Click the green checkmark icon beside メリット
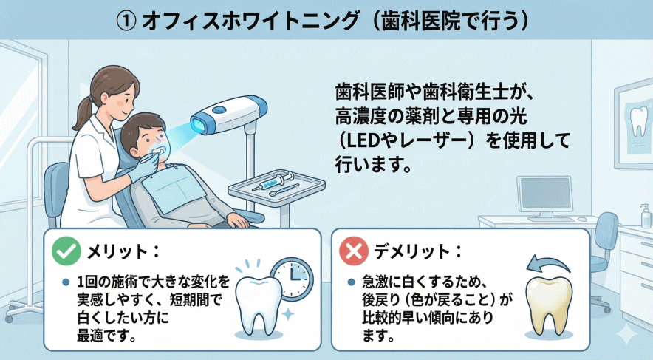(x=66, y=251)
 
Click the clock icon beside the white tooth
(x=293, y=279)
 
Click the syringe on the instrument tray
(x=276, y=180)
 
